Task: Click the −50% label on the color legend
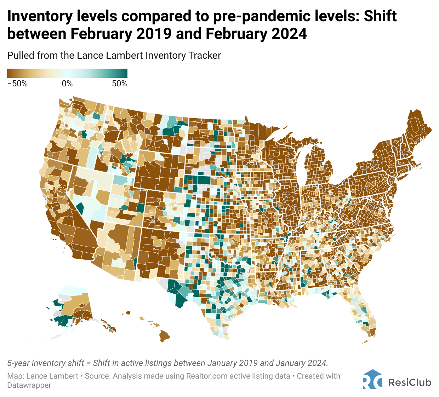point(17,84)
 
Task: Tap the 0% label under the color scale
point(67,84)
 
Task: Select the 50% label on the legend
point(119,84)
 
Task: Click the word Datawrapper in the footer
point(29,385)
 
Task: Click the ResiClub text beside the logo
point(410,382)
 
